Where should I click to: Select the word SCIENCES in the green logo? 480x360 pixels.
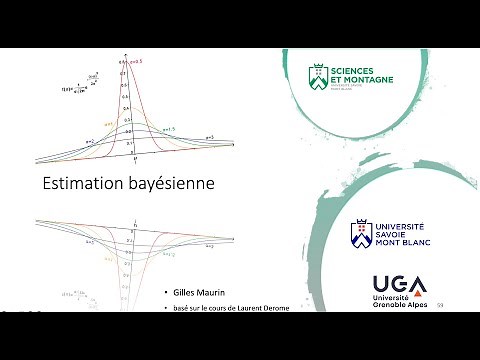[x=358, y=70]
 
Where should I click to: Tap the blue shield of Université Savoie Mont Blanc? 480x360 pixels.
[x=358, y=234]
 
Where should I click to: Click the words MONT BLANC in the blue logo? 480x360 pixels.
[x=399, y=244]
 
